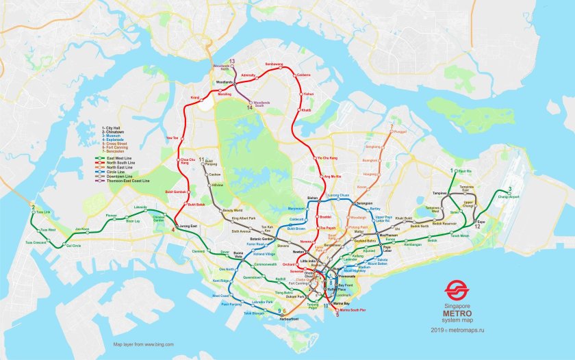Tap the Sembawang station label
tap(274, 64)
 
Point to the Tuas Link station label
tap(44, 211)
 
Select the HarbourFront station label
tap(290, 318)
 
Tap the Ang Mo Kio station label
tap(332, 177)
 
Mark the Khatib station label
tap(306, 110)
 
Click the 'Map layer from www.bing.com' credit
tap(143, 344)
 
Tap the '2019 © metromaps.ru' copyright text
tap(457, 331)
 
